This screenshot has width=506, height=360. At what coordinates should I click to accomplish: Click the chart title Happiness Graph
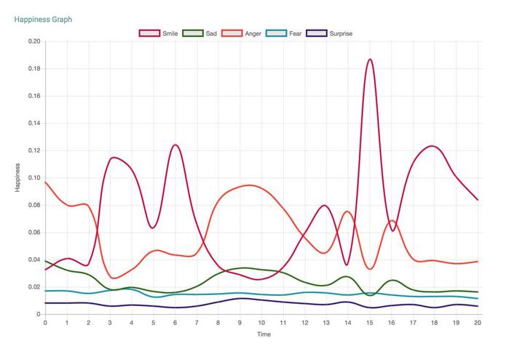click(43, 20)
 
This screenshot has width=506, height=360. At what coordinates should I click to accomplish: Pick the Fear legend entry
click(285, 34)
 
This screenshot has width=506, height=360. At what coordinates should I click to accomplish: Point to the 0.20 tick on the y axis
click(33, 42)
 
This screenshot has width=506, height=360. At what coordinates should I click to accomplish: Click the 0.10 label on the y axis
click(33, 178)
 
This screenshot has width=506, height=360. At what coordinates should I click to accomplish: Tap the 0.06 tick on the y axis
click(33, 232)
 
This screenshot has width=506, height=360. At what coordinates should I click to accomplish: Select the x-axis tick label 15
click(370, 322)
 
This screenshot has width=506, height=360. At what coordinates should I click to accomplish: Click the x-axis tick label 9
click(240, 322)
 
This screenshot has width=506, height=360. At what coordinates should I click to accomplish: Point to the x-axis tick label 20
click(478, 322)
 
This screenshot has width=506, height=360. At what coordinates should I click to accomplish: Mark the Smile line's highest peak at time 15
click(370, 60)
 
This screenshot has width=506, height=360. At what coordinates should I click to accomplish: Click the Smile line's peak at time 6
click(175, 145)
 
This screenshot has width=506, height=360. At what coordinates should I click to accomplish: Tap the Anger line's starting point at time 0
click(45, 182)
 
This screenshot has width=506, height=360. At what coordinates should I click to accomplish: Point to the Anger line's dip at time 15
click(370, 269)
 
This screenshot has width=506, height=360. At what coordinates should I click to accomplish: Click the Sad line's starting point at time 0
click(45, 261)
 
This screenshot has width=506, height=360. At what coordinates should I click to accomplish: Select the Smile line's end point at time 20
click(478, 200)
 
